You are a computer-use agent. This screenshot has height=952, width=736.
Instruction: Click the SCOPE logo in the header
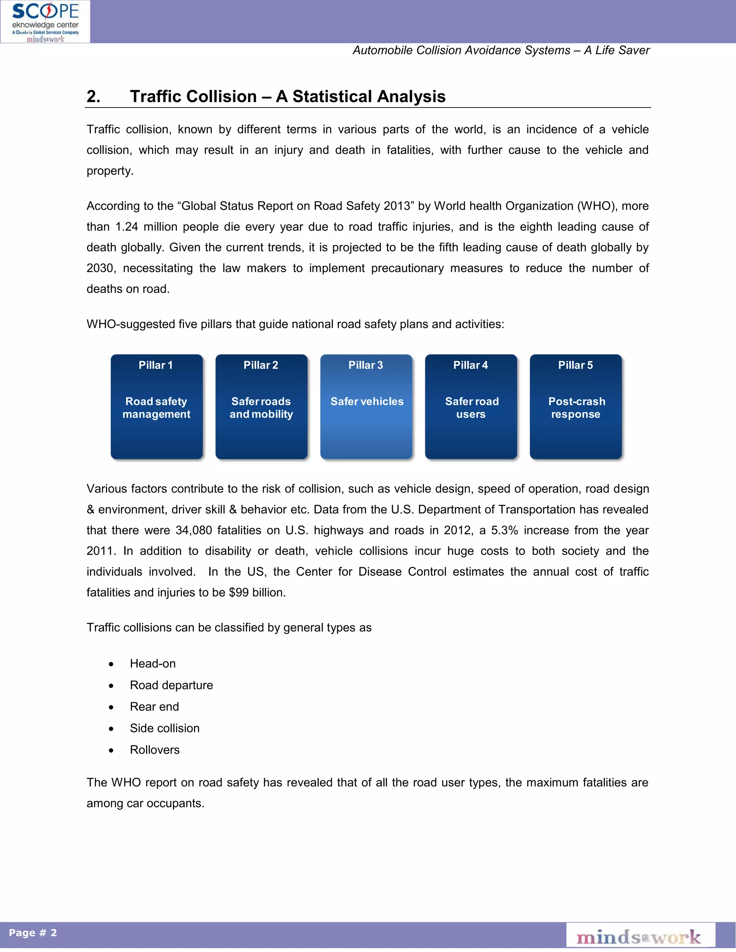[45, 21]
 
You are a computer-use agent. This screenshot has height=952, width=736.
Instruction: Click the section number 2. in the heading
[93, 96]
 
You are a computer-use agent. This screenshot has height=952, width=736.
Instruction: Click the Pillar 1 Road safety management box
[157, 407]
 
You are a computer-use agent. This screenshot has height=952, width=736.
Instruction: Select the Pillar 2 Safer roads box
[261, 407]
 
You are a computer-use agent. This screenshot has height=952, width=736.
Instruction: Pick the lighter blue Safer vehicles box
[366, 407]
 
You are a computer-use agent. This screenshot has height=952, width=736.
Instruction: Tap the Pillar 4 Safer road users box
[471, 407]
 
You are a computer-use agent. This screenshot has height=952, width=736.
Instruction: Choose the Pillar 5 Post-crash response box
[576, 407]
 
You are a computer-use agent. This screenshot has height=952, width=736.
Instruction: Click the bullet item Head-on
[153, 664]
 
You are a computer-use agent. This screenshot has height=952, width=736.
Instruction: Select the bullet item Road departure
[171, 685]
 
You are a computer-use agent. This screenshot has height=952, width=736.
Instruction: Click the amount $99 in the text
[239, 593]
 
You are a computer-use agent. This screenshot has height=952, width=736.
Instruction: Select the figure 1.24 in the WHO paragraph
[126, 227]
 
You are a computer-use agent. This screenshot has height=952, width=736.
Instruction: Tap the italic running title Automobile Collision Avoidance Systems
[461, 51]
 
